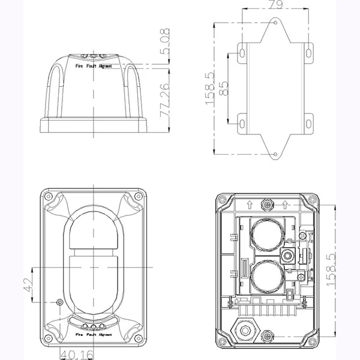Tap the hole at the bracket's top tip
[275, 23]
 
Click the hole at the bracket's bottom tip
[275, 154]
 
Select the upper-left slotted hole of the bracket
[242, 53]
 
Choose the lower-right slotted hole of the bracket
[308, 124]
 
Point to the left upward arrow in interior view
[249, 204]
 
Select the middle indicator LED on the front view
[93, 326]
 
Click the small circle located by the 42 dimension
[58, 302]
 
